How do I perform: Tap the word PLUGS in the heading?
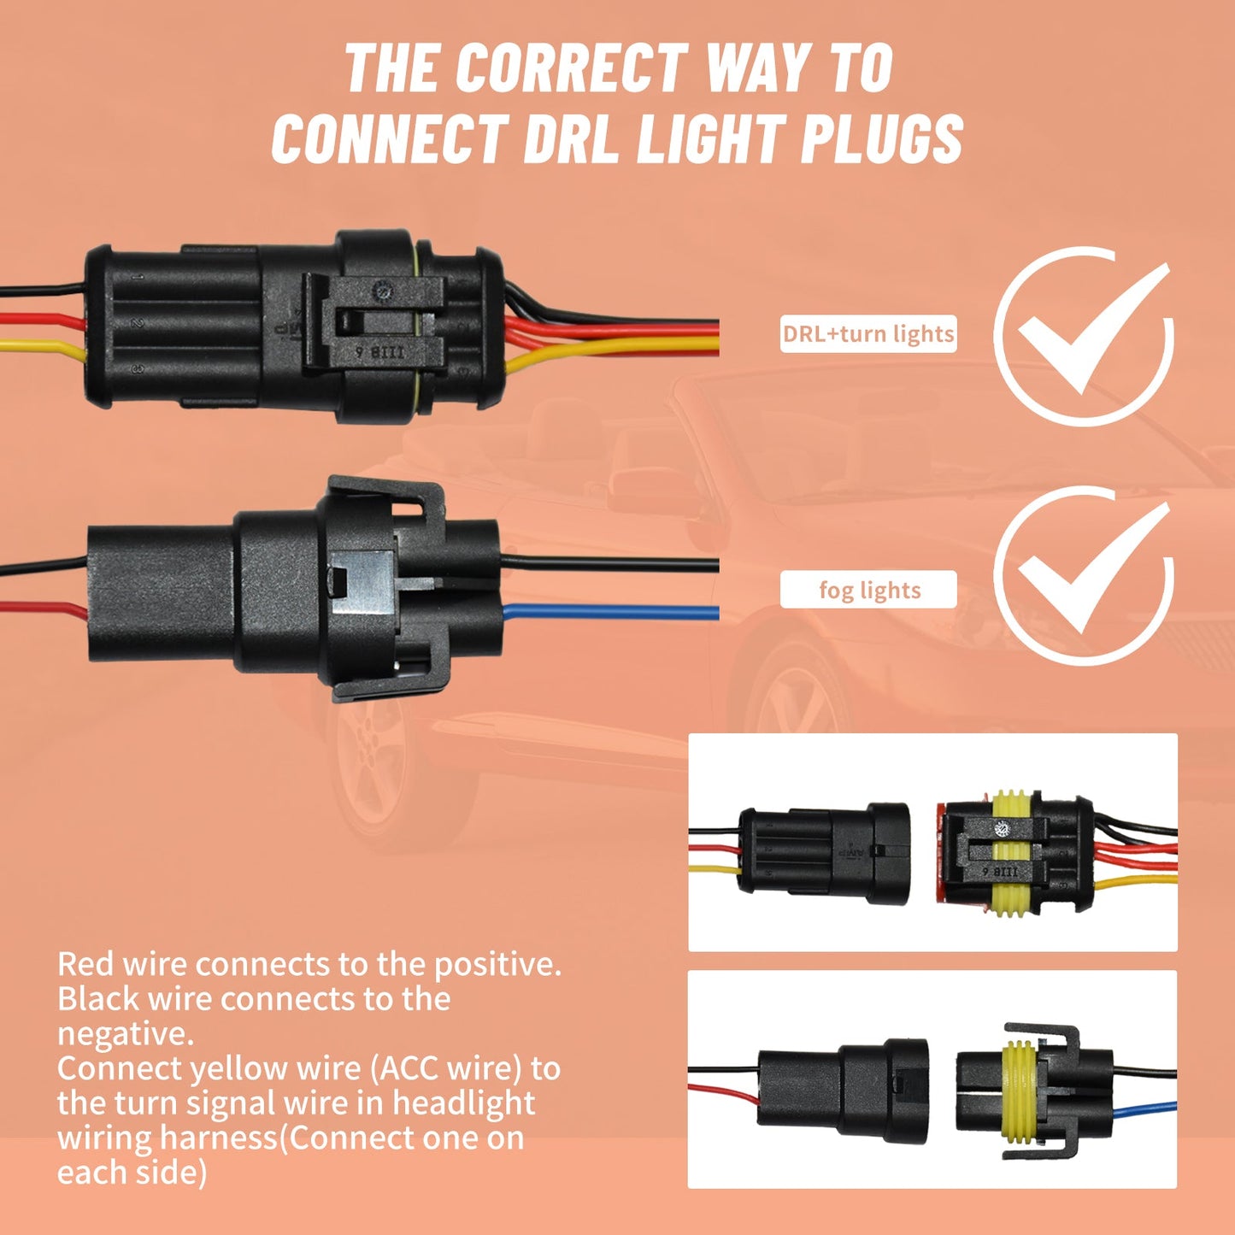(882, 138)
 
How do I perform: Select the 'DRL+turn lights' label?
(867, 334)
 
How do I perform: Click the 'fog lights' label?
(868, 590)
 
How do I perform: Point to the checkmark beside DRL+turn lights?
(1090, 326)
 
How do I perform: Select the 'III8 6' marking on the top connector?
(380, 352)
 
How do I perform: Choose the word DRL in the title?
(568, 138)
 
